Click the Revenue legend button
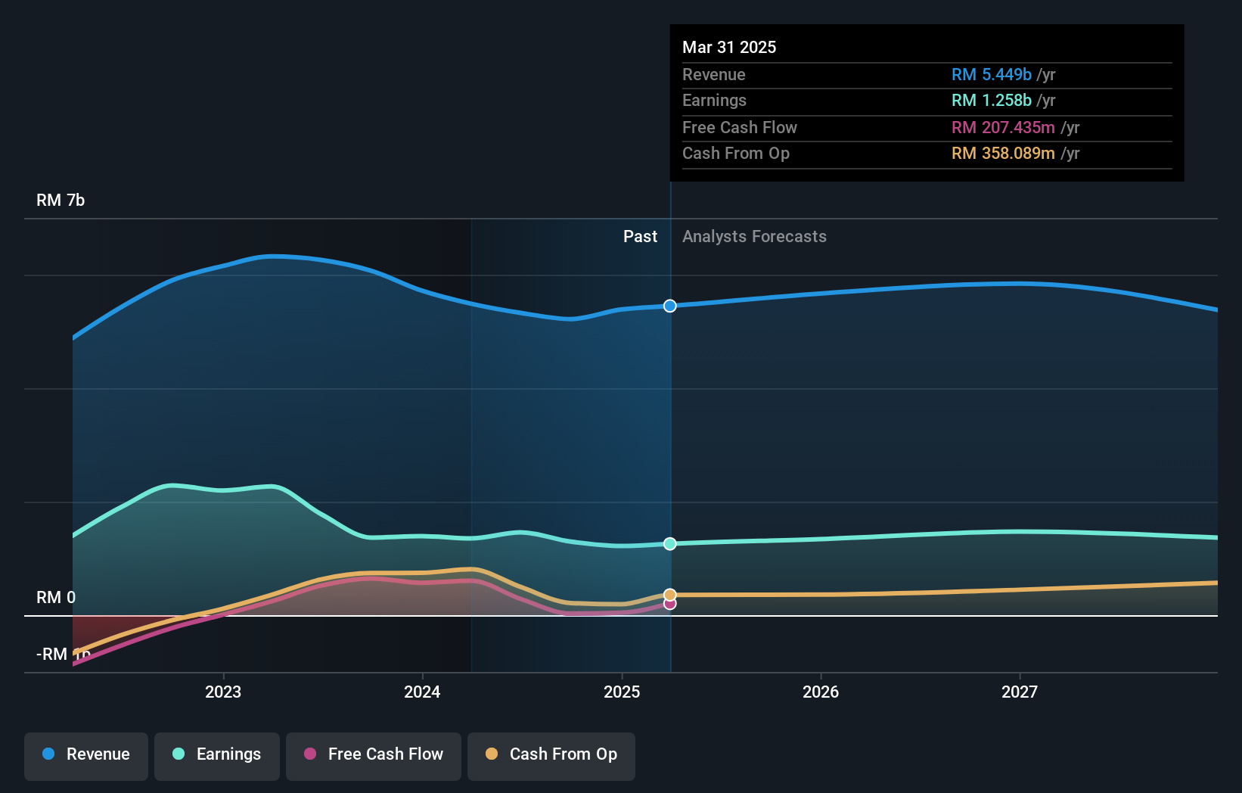(x=86, y=754)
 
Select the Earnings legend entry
(x=217, y=754)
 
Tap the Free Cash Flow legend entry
(x=374, y=754)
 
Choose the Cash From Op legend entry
(x=551, y=754)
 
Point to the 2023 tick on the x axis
(x=223, y=692)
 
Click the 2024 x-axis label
(x=422, y=692)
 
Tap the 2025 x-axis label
(x=622, y=692)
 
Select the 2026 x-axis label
(x=821, y=692)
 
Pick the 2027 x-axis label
(x=1020, y=692)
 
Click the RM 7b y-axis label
(x=61, y=201)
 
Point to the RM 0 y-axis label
(x=56, y=597)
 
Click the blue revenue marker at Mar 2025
(x=670, y=306)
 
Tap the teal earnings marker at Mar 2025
(x=670, y=544)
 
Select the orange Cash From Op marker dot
(x=670, y=595)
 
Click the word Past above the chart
(x=640, y=237)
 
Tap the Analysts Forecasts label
(x=754, y=237)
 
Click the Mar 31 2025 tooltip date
(x=729, y=47)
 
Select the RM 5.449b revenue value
(x=991, y=75)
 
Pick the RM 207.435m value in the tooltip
(x=1003, y=128)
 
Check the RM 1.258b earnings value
(x=991, y=101)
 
